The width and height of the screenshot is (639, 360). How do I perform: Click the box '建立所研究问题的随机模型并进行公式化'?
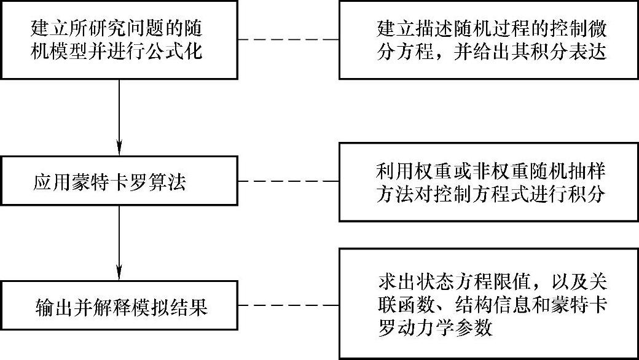point(119,40)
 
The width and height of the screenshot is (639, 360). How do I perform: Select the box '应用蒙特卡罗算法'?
point(119,182)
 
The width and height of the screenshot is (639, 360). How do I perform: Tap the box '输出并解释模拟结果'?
point(119,306)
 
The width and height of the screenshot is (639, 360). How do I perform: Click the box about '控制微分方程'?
point(488,40)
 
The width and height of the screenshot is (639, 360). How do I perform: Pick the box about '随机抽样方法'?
point(488,182)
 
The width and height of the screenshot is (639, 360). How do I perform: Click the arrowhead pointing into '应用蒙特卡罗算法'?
point(119,147)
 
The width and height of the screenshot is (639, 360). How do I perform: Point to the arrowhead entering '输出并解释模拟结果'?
point(119,272)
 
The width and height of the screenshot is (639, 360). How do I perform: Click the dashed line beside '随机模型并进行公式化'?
point(288,40)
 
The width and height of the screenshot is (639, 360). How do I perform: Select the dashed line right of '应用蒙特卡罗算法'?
point(288,182)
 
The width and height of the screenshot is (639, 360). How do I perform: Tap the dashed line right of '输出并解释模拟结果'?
point(288,306)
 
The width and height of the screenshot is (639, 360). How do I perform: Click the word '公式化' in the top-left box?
point(181,51)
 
